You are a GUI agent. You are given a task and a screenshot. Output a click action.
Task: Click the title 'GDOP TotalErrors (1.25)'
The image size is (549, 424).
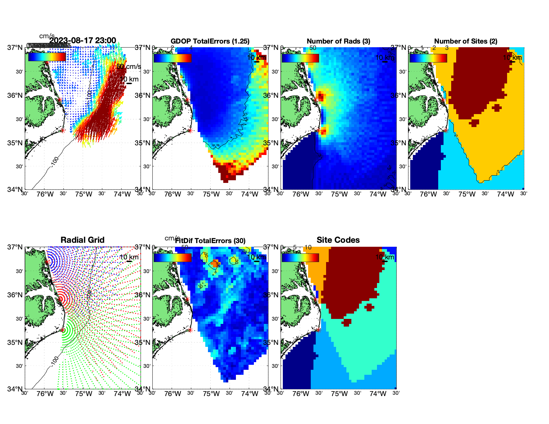[x=210, y=41]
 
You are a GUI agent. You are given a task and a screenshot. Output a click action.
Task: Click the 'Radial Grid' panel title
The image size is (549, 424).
[x=83, y=240]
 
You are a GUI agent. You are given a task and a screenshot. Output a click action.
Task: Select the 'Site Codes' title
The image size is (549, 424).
[x=338, y=240]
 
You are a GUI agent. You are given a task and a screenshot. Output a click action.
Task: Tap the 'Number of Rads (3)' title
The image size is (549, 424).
[x=338, y=41]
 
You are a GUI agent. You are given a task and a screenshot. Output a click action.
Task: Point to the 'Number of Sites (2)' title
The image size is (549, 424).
[x=466, y=41]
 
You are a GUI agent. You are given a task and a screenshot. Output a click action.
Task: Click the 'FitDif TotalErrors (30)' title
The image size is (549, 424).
[x=210, y=241]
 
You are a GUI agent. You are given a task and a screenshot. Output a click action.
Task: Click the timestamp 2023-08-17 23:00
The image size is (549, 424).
[x=83, y=41]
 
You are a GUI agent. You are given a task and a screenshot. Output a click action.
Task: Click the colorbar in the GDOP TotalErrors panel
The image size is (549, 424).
[x=172, y=58]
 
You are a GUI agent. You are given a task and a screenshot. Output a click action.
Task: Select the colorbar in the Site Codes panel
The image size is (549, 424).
[x=300, y=257]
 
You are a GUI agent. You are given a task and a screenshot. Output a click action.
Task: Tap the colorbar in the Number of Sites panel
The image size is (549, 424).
[x=428, y=58]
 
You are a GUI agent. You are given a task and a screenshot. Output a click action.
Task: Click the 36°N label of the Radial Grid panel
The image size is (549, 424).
[x=15, y=295]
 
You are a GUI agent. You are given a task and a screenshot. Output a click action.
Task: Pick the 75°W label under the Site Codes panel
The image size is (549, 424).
[x=339, y=394]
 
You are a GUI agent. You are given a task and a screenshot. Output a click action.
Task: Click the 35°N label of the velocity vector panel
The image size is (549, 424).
[x=15, y=143]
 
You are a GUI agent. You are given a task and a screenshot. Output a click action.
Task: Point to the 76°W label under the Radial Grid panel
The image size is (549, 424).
[x=45, y=394]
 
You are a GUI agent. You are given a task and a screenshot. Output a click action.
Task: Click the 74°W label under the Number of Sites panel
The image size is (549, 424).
[x=505, y=195]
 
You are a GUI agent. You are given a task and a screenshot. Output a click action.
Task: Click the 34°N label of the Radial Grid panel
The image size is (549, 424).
[x=15, y=389]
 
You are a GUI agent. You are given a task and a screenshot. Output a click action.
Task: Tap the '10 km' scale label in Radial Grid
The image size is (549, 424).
[x=129, y=257]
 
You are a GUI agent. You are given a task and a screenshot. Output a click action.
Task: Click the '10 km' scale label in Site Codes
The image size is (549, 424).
[x=385, y=257]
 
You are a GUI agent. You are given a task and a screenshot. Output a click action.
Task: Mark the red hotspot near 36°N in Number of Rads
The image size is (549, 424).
[x=321, y=97]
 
